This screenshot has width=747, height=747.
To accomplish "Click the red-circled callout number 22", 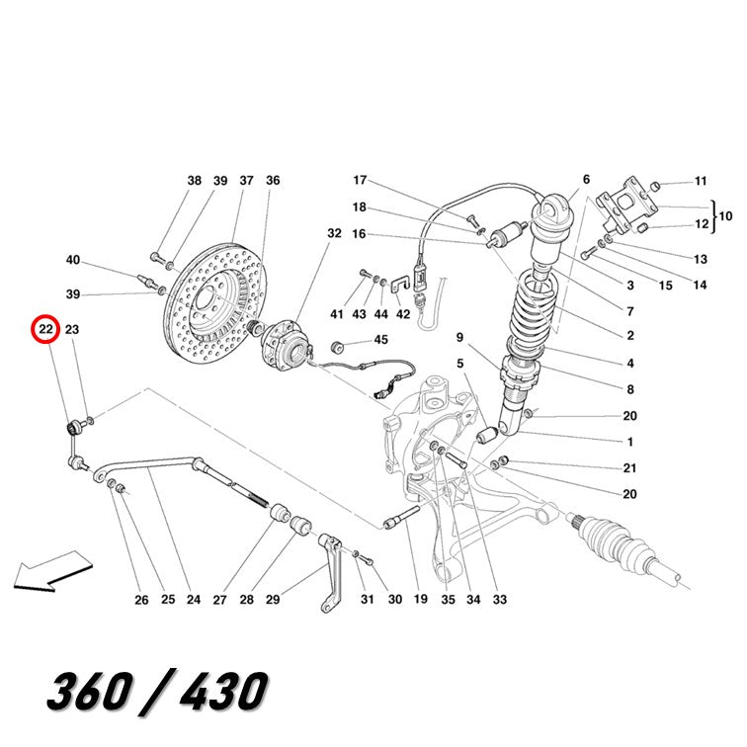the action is pos(45,329).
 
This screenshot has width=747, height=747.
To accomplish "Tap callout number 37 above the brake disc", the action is pos(246,181).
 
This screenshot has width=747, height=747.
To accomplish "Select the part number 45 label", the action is pos(381,340).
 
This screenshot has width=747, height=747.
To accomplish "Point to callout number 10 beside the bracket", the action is pos(725,216).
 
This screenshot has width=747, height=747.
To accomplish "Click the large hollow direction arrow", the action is pos(52,572).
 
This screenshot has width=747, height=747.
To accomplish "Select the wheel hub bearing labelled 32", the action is pos(285,345).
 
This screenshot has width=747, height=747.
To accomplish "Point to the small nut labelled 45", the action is pos(337,347).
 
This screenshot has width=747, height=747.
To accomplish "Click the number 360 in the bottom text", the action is pos(91,690).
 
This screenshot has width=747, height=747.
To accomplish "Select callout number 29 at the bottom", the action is pos(273,600).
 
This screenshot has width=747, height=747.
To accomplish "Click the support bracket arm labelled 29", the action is pos(332,573).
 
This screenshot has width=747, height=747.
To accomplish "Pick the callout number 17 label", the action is pos(360,180).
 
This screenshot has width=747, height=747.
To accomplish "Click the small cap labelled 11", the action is pos(654,186).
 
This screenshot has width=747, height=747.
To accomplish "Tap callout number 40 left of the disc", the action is pos(73,260).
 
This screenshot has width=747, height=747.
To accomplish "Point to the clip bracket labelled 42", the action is pos(400,285).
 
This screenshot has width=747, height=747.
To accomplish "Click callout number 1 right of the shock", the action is pos(630,442).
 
